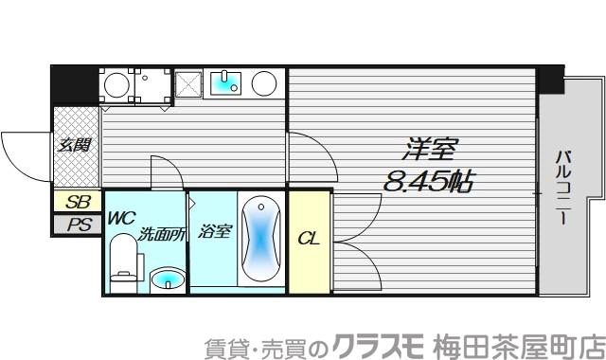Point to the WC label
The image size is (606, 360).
pos(121,218)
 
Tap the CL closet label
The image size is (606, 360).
pos(309,239)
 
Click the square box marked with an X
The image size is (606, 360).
pos(187,86)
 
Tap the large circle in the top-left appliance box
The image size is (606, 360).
pos(117,86)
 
